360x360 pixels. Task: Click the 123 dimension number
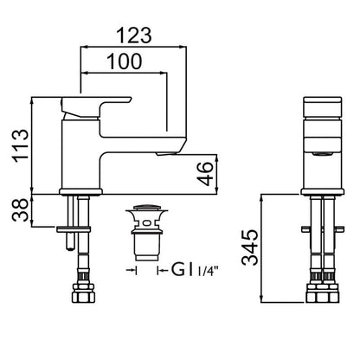(x=134, y=35)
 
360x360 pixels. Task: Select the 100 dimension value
(x=125, y=61)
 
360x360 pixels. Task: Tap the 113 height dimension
(x=20, y=146)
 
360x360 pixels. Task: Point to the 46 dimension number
(x=205, y=174)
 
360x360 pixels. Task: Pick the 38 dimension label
(x=21, y=210)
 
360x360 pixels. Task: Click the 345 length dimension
(x=249, y=247)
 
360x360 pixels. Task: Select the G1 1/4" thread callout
(x=194, y=270)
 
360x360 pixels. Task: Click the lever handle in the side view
(x=95, y=107)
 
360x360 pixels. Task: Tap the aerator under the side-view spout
(x=166, y=154)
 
